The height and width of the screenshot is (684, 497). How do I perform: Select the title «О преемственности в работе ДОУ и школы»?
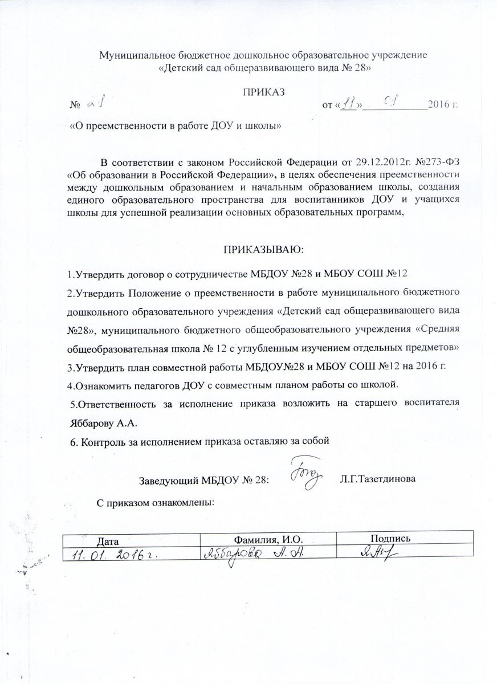click(x=176, y=125)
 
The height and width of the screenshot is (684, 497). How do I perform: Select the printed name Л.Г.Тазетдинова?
click(x=377, y=479)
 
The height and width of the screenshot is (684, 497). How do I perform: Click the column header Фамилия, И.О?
click(x=268, y=539)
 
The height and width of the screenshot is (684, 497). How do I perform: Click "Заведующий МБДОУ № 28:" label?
click(x=203, y=479)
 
